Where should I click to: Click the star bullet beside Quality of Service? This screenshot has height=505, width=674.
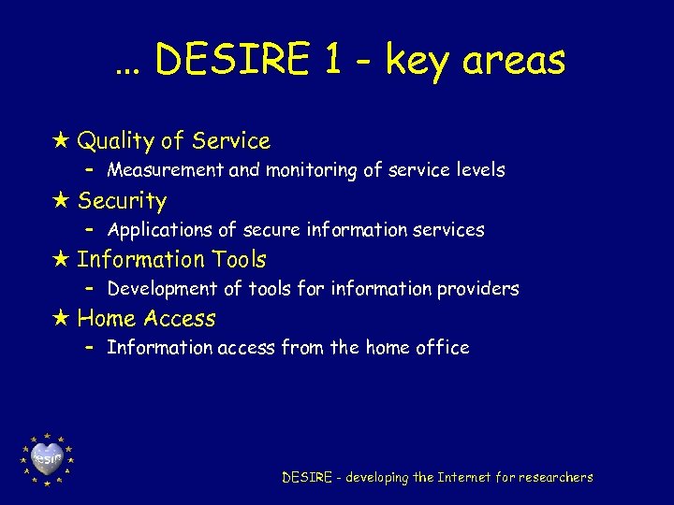62,141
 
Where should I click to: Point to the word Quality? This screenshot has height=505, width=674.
115,142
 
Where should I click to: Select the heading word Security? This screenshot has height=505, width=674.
122,201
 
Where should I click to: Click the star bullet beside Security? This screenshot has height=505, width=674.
62,200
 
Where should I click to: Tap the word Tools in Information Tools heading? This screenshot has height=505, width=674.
239,259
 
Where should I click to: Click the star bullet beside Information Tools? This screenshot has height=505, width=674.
62,259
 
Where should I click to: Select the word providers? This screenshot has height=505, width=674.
477,289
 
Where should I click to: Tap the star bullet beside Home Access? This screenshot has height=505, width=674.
62,318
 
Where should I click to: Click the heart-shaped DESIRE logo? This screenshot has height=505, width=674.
47,459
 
